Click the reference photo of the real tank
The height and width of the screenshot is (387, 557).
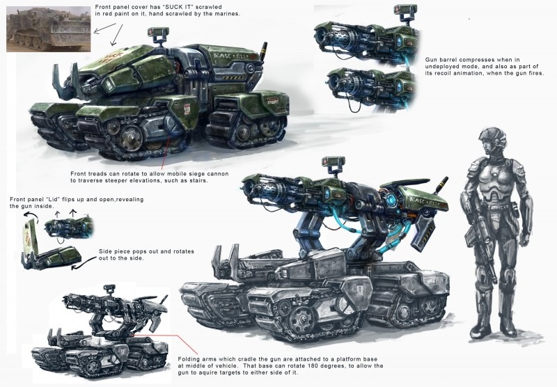(48, 29)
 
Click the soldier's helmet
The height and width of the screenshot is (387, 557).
(492, 139)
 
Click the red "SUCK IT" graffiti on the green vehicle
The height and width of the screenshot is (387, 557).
(113, 58)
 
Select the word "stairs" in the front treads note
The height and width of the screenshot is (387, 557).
(196, 180)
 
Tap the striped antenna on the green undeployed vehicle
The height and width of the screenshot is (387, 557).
(264, 52)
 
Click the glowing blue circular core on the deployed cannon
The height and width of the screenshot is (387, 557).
(391, 198)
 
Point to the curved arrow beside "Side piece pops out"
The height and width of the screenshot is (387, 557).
(84, 262)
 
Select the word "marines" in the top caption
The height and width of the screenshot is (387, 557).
(228, 14)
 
